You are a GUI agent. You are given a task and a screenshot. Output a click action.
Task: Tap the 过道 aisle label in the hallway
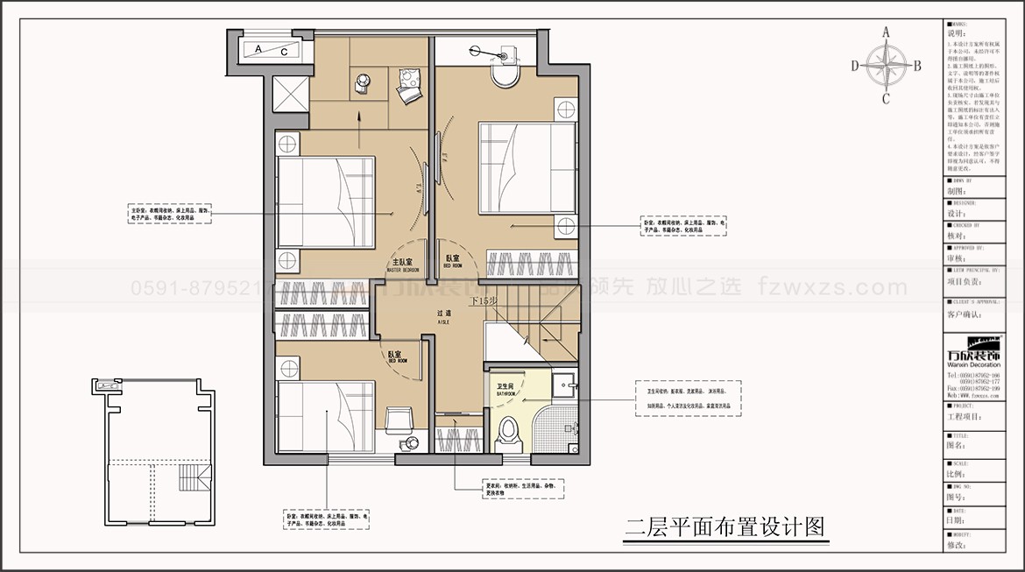click(443, 315)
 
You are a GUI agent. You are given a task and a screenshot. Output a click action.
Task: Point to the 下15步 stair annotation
click(484, 300)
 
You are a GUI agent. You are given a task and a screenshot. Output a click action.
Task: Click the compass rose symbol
click(885, 65)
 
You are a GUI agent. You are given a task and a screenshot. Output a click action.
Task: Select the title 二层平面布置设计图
click(725, 527)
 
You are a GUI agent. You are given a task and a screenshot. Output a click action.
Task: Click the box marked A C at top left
click(272, 50)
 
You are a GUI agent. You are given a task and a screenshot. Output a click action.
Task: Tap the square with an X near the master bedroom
click(289, 94)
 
